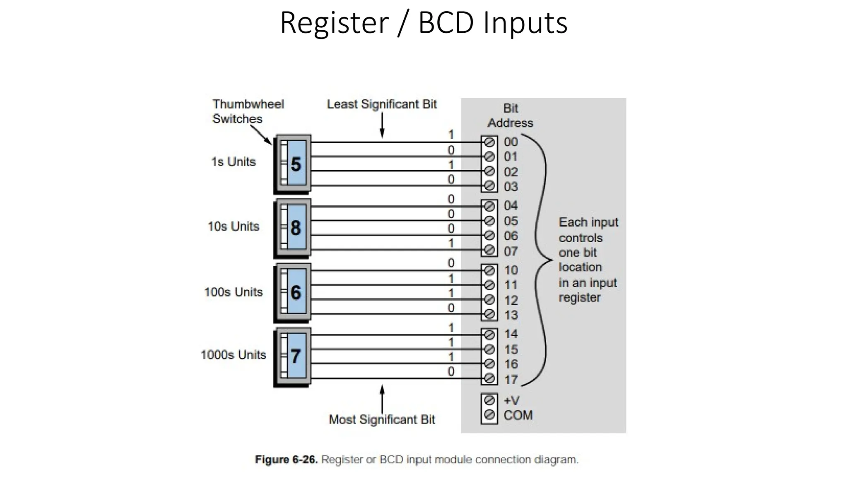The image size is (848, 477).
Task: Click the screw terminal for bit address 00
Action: coord(489,142)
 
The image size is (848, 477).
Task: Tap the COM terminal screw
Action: coord(489,414)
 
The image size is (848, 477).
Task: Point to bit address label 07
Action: coord(511,251)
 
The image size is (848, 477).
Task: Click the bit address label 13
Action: coord(511,315)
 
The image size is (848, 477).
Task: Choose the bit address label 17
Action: coord(511,379)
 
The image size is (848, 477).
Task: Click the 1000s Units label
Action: coord(233,355)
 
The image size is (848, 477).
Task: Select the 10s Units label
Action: coord(233,226)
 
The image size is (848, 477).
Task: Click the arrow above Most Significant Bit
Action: coord(382,398)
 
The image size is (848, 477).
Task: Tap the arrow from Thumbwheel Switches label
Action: coord(261,135)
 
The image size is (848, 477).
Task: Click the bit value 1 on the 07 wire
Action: coord(451,243)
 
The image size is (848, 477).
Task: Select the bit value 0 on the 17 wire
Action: coord(451,371)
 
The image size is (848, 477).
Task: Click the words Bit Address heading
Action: coord(510,116)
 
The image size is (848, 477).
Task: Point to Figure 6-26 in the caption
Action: coord(286,460)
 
